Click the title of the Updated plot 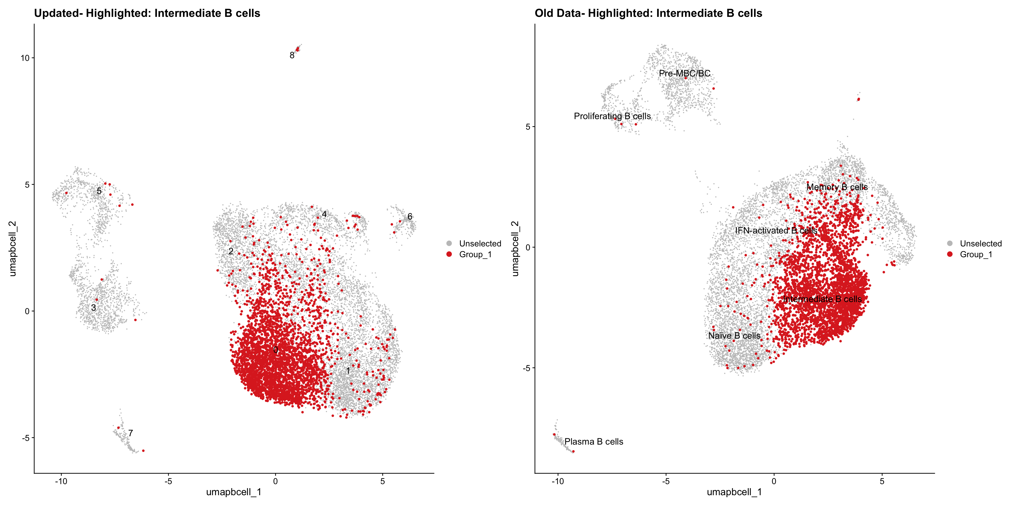pyautogui.click(x=147, y=13)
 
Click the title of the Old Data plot pyautogui.click(x=648, y=13)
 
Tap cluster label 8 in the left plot pyautogui.click(x=292, y=55)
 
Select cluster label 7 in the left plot pyautogui.click(x=130, y=433)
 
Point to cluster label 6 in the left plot pyautogui.click(x=410, y=216)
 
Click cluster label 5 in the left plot pyautogui.click(x=99, y=191)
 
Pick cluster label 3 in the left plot pyautogui.click(x=93, y=308)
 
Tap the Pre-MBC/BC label pyautogui.click(x=685, y=74)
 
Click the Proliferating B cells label pyautogui.click(x=612, y=116)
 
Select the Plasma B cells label pyautogui.click(x=594, y=442)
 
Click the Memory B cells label pyautogui.click(x=837, y=187)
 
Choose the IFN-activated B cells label pyautogui.click(x=776, y=231)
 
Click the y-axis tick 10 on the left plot pyautogui.click(x=25, y=58)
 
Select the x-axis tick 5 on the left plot pyautogui.click(x=383, y=481)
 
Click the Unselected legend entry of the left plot pyautogui.click(x=480, y=244)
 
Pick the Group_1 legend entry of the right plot pyautogui.click(x=976, y=255)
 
